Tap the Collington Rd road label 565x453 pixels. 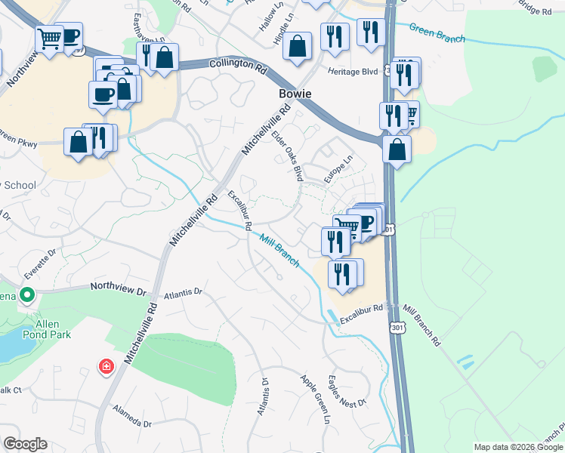point(238,69)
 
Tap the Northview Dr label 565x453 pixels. point(117,287)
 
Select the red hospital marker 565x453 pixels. point(107,367)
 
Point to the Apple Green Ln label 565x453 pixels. point(316,399)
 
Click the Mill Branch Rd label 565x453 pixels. point(421,325)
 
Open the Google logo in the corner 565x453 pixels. point(25,444)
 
